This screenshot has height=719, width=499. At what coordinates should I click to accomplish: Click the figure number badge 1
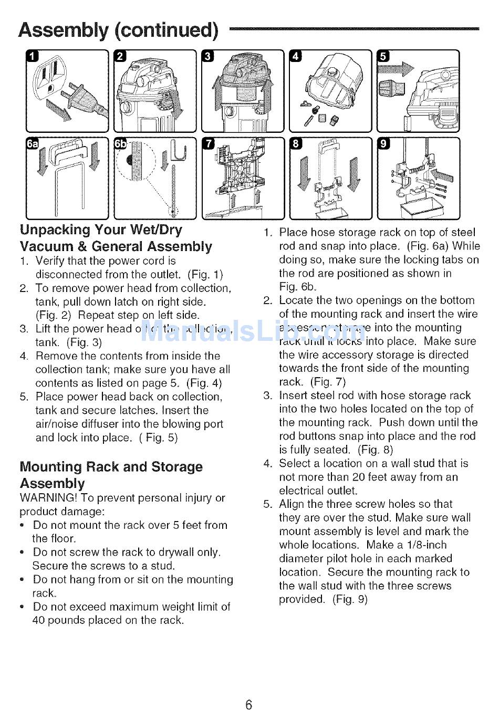(x=33, y=57)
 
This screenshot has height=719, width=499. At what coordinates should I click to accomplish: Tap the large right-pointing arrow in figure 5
(x=402, y=68)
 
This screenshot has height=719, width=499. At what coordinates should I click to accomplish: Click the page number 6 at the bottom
(x=249, y=704)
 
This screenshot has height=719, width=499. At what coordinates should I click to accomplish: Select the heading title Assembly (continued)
(x=118, y=30)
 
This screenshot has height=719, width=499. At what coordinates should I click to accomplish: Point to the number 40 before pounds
(x=39, y=620)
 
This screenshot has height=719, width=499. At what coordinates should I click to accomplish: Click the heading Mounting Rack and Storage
(x=111, y=467)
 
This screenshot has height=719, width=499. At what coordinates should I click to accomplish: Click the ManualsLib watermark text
(x=250, y=331)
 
